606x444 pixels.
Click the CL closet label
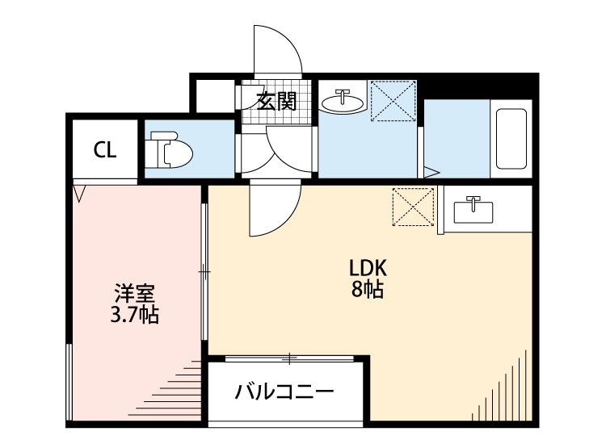click(x=105, y=150)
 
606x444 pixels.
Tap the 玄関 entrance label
click(x=276, y=102)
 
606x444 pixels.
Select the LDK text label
click(x=368, y=268)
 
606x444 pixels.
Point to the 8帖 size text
click(x=368, y=289)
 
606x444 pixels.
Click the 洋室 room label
click(x=134, y=294)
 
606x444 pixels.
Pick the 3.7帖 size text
click(x=134, y=315)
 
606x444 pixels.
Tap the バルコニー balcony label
click(x=284, y=392)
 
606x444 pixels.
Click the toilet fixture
click(x=170, y=149)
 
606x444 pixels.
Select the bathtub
click(x=511, y=139)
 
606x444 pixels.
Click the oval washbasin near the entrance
click(x=343, y=102)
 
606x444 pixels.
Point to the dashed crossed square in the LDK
click(x=413, y=207)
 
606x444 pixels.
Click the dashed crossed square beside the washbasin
click(x=393, y=100)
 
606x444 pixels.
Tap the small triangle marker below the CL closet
click(x=80, y=194)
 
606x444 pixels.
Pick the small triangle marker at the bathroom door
click(x=431, y=173)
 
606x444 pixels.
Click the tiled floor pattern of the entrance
click(x=276, y=102)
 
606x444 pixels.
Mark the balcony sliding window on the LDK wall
click(x=289, y=358)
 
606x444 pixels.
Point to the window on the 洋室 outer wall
click(x=69, y=382)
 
